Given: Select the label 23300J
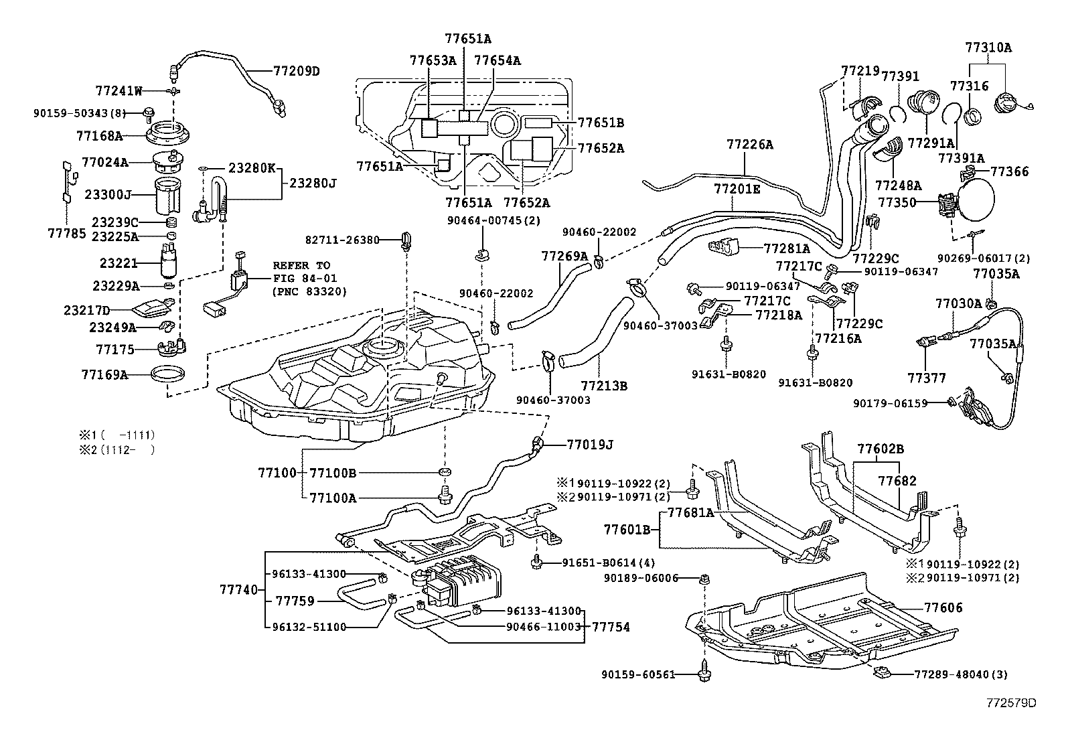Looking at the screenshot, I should (108, 195).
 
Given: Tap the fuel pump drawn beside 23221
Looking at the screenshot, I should (168, 263).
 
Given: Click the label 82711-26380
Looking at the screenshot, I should (342, 239).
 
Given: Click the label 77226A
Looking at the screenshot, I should (749, 144).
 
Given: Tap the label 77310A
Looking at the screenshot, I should (988, 48).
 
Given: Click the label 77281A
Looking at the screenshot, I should (787, 248).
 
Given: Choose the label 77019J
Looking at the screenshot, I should (590, 443).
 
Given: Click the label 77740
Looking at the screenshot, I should (238, 589).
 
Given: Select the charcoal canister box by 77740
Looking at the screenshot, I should (462, 579).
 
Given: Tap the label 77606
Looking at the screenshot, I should (943, 607).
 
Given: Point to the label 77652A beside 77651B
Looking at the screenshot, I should (601, 148).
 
